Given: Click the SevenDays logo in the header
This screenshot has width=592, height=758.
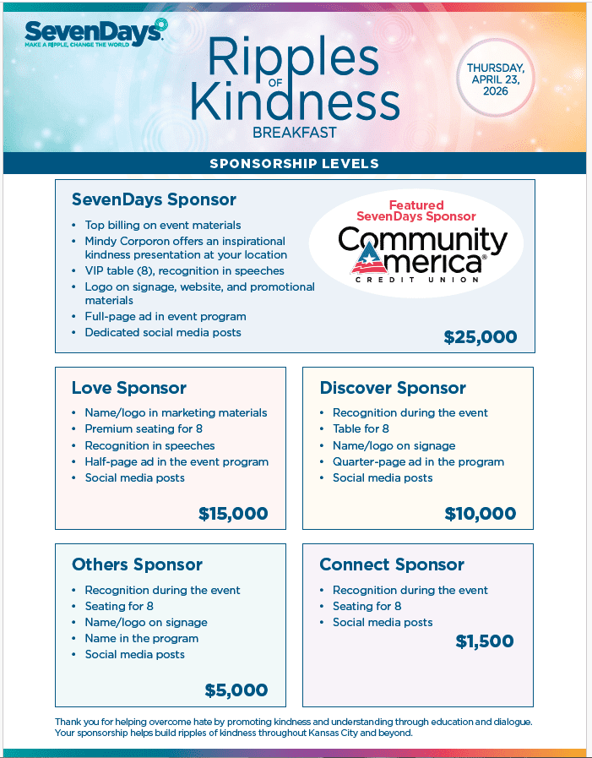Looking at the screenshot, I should point(95,33).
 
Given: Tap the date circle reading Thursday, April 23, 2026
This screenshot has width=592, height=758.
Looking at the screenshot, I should point(496,79).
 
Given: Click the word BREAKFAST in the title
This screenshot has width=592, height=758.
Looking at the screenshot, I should point(294,133).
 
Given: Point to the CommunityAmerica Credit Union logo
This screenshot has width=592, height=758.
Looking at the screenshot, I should point(422,254).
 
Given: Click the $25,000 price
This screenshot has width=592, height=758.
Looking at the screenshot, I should point(480,337).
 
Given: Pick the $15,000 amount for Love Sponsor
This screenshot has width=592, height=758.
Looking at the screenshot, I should point(233,514).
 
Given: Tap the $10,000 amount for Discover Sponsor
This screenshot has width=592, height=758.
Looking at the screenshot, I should point(481,514).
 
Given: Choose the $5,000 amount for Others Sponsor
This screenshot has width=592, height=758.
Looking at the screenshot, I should point(236,690).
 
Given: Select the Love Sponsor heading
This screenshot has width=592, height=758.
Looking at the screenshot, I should point(129,389).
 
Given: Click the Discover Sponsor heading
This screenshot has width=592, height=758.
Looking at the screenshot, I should point(393,389).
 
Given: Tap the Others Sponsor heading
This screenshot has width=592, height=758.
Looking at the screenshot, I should point(137,564).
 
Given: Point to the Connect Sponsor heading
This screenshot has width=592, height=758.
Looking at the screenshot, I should point(392,564).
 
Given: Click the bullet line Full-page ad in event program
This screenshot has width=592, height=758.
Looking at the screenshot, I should point(166,316).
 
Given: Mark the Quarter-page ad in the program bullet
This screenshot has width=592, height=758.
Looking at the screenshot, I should point(418,461).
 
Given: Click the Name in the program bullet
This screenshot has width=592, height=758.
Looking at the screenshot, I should point(142,638).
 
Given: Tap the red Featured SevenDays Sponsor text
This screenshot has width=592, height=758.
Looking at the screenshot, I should point(416,210).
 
